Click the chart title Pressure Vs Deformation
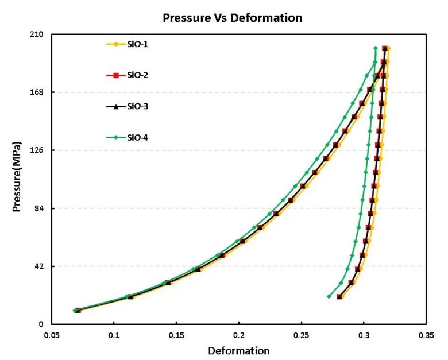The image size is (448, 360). (x=232, y=18)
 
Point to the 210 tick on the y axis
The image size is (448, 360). (x=38, y=34)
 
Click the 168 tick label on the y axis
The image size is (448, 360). (x=38, y=92)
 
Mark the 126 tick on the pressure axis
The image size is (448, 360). (x=38, y=150)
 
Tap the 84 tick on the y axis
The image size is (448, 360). (x=40, y=208)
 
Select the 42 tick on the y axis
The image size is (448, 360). (x=40, y=266)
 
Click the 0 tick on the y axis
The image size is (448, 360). (x=43, y=324)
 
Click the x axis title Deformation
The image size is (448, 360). (x=238, y=350)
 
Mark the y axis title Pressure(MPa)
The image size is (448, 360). (x=17, y=176)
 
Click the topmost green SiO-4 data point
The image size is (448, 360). (x=375, y=48)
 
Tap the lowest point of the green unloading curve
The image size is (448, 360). (x=329, y=296)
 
